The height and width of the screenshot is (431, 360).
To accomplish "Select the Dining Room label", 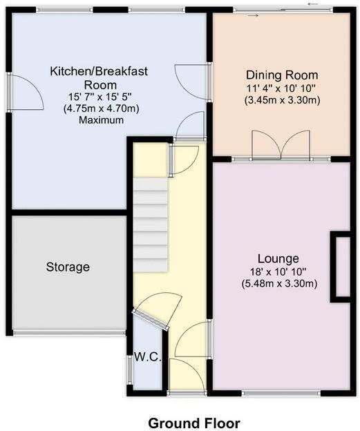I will (x=282, y=75).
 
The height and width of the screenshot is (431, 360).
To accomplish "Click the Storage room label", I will (x=68, y=267).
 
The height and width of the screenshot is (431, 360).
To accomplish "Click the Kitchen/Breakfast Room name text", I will (x=98, y=77).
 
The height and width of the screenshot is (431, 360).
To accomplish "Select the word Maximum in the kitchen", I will (x=100, y=119).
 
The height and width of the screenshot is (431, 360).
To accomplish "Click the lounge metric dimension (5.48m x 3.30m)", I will (x=280, y=283).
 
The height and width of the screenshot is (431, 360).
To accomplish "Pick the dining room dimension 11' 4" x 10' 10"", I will (x=282, y=87).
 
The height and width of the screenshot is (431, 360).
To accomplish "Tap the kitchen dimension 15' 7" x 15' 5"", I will (x=99, y=97).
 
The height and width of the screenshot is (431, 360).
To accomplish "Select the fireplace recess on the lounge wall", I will (x=342, y=267).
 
